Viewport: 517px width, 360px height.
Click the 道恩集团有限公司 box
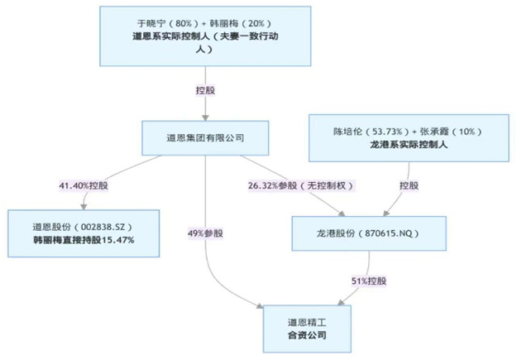point(205,137)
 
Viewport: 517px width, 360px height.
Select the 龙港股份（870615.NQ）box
point(368,234)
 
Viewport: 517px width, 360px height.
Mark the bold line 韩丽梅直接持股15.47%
point(83,240)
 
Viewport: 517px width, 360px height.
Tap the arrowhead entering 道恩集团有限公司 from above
point(204,118)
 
